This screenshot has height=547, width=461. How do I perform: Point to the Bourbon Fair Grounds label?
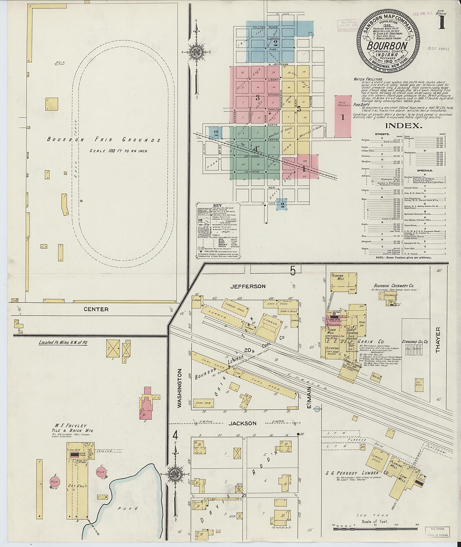click(104, 140)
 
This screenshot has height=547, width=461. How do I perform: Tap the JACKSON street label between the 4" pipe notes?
click(242, 423)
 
